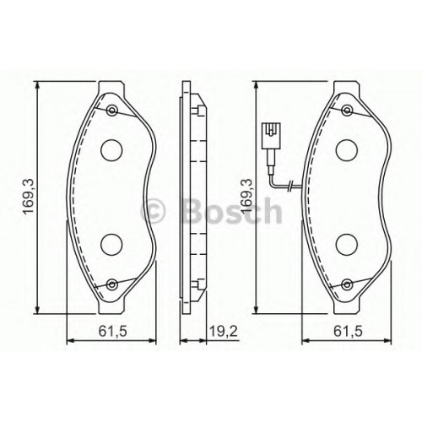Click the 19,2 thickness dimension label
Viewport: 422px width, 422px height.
click(x=224, y=332)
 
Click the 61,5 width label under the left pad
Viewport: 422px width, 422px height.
click(x=113, y=332)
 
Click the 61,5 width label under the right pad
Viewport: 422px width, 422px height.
click(x=348, y=332)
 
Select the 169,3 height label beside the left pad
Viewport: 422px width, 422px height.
click(x=29, y=197)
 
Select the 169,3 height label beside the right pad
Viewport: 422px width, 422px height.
click(x=246, y=197)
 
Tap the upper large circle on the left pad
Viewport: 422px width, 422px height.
click(x=111, y=150)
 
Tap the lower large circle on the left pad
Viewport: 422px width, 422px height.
click(x=111, y=245)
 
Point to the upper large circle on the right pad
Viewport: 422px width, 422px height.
click(x=347, y=150)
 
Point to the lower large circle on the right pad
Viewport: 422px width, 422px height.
click(x=347, y=245)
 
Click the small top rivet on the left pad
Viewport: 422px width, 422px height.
click(x=112, y=110)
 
